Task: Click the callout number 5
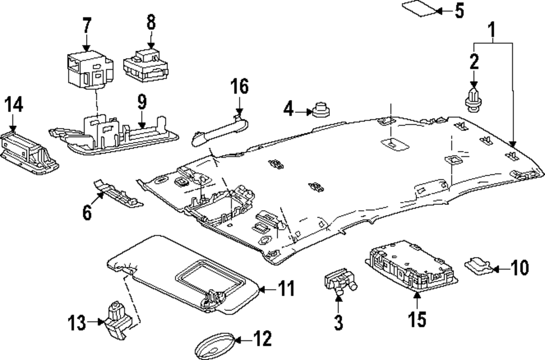[459, 10]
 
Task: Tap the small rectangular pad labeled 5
[420, 9]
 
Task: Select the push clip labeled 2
[473, 102]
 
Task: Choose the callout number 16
[239, 87]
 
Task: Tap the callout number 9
[141, 101]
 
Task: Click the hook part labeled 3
[338, 283]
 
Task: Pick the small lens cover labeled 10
[479, 265]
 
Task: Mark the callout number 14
[14, 105]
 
